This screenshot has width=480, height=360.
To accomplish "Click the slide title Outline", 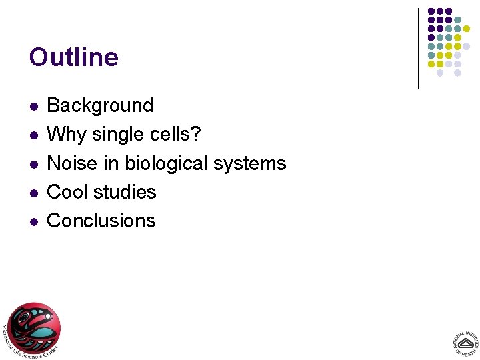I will pyautogui.click(x=74, y=57).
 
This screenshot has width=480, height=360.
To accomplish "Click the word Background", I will pyautogui.click(x=100, y=105).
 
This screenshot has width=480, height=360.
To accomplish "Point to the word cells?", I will pyautogui.click(x=177, y=134).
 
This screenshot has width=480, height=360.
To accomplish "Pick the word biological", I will pyautogui.click(x=167, y=163).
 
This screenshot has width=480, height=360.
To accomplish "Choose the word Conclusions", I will pyautogui.click(x=101, y=221).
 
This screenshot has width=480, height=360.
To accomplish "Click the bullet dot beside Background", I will pyautogui.click(x=33, y=107).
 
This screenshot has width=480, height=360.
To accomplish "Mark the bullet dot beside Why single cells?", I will pyautogui.click(x=33, y=135).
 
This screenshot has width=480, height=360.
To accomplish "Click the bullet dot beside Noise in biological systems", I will pyautogui.click(x=33, y=164).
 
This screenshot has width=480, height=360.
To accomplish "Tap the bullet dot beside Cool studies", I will pyautogui.click(x=33, y=193).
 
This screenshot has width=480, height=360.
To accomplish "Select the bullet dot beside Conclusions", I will pyautogui.click(x=33, y=221).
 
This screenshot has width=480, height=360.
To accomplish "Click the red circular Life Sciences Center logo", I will pyautogui.click(x=33, y=328).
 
